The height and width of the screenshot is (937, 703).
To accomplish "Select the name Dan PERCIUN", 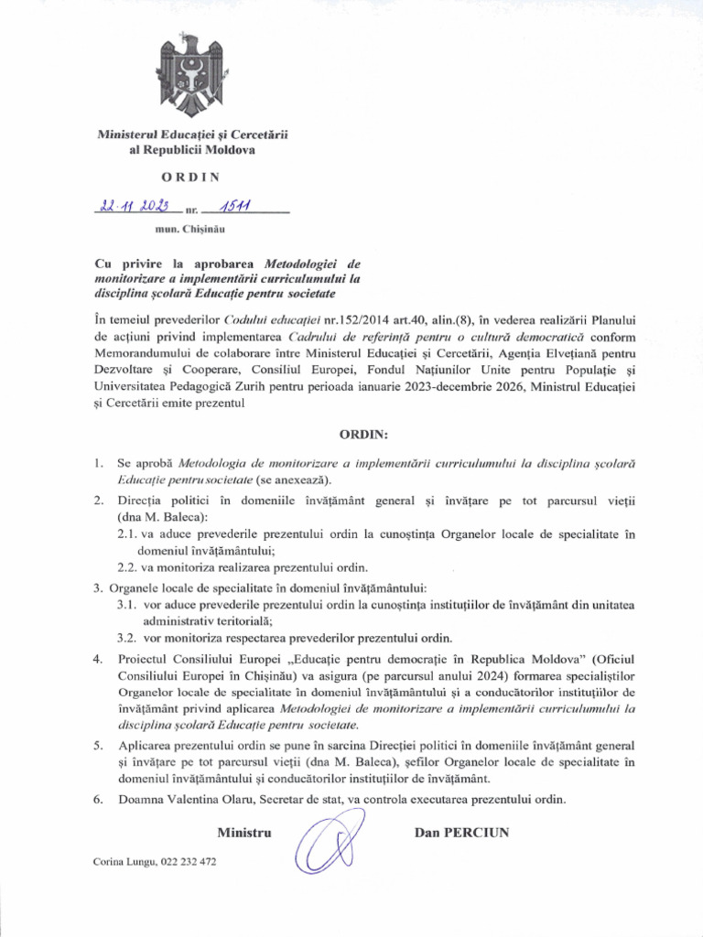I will pyautogui.click(x=461, y=833).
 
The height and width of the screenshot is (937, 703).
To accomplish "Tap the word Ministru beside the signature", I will pyautogui.click(x=245, y=833).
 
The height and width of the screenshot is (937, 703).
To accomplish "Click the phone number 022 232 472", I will pyautogui.click(x=189, y=862).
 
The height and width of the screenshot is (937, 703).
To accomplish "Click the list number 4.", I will pyautogui.click(x=98, y=660).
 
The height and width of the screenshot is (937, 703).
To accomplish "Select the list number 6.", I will pyautogui.click(x=98, y=799).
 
